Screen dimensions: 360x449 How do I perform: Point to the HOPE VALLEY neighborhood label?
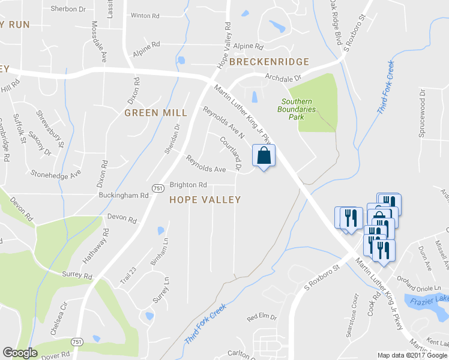tap(205, 199)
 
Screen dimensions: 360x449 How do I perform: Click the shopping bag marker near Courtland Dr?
tap(264, 156)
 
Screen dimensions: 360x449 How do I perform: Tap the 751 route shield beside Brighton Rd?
tap(157, 188)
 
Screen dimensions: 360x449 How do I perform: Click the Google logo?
tap(20, 353)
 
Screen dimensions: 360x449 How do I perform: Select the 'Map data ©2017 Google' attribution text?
tap(412, 355)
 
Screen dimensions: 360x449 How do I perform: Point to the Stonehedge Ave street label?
tap(56, 173)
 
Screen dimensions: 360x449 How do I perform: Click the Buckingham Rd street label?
tap(124, 196)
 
